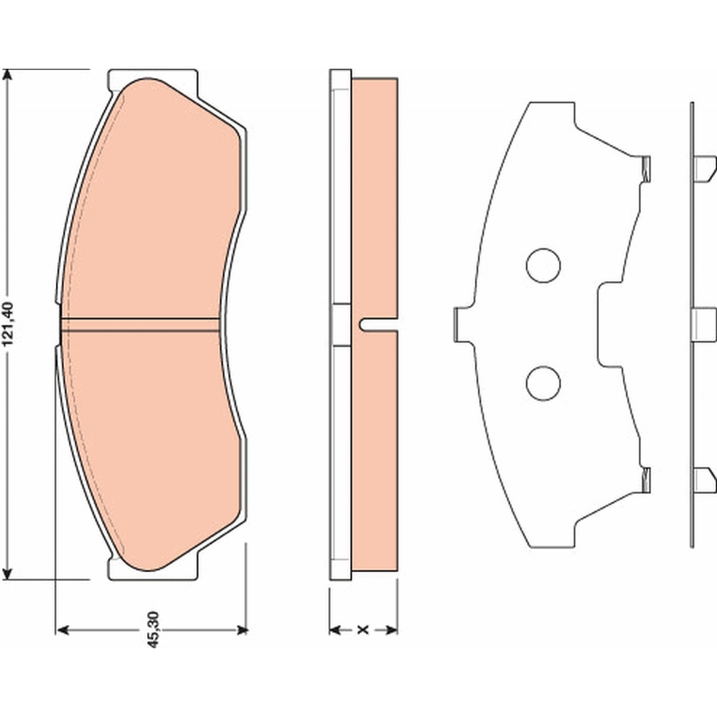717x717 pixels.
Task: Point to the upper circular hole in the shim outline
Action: click(x=543, y=265)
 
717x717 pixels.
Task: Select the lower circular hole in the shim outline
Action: click(x=543, y=383)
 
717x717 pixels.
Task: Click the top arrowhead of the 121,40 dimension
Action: click(x=7, y=76)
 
